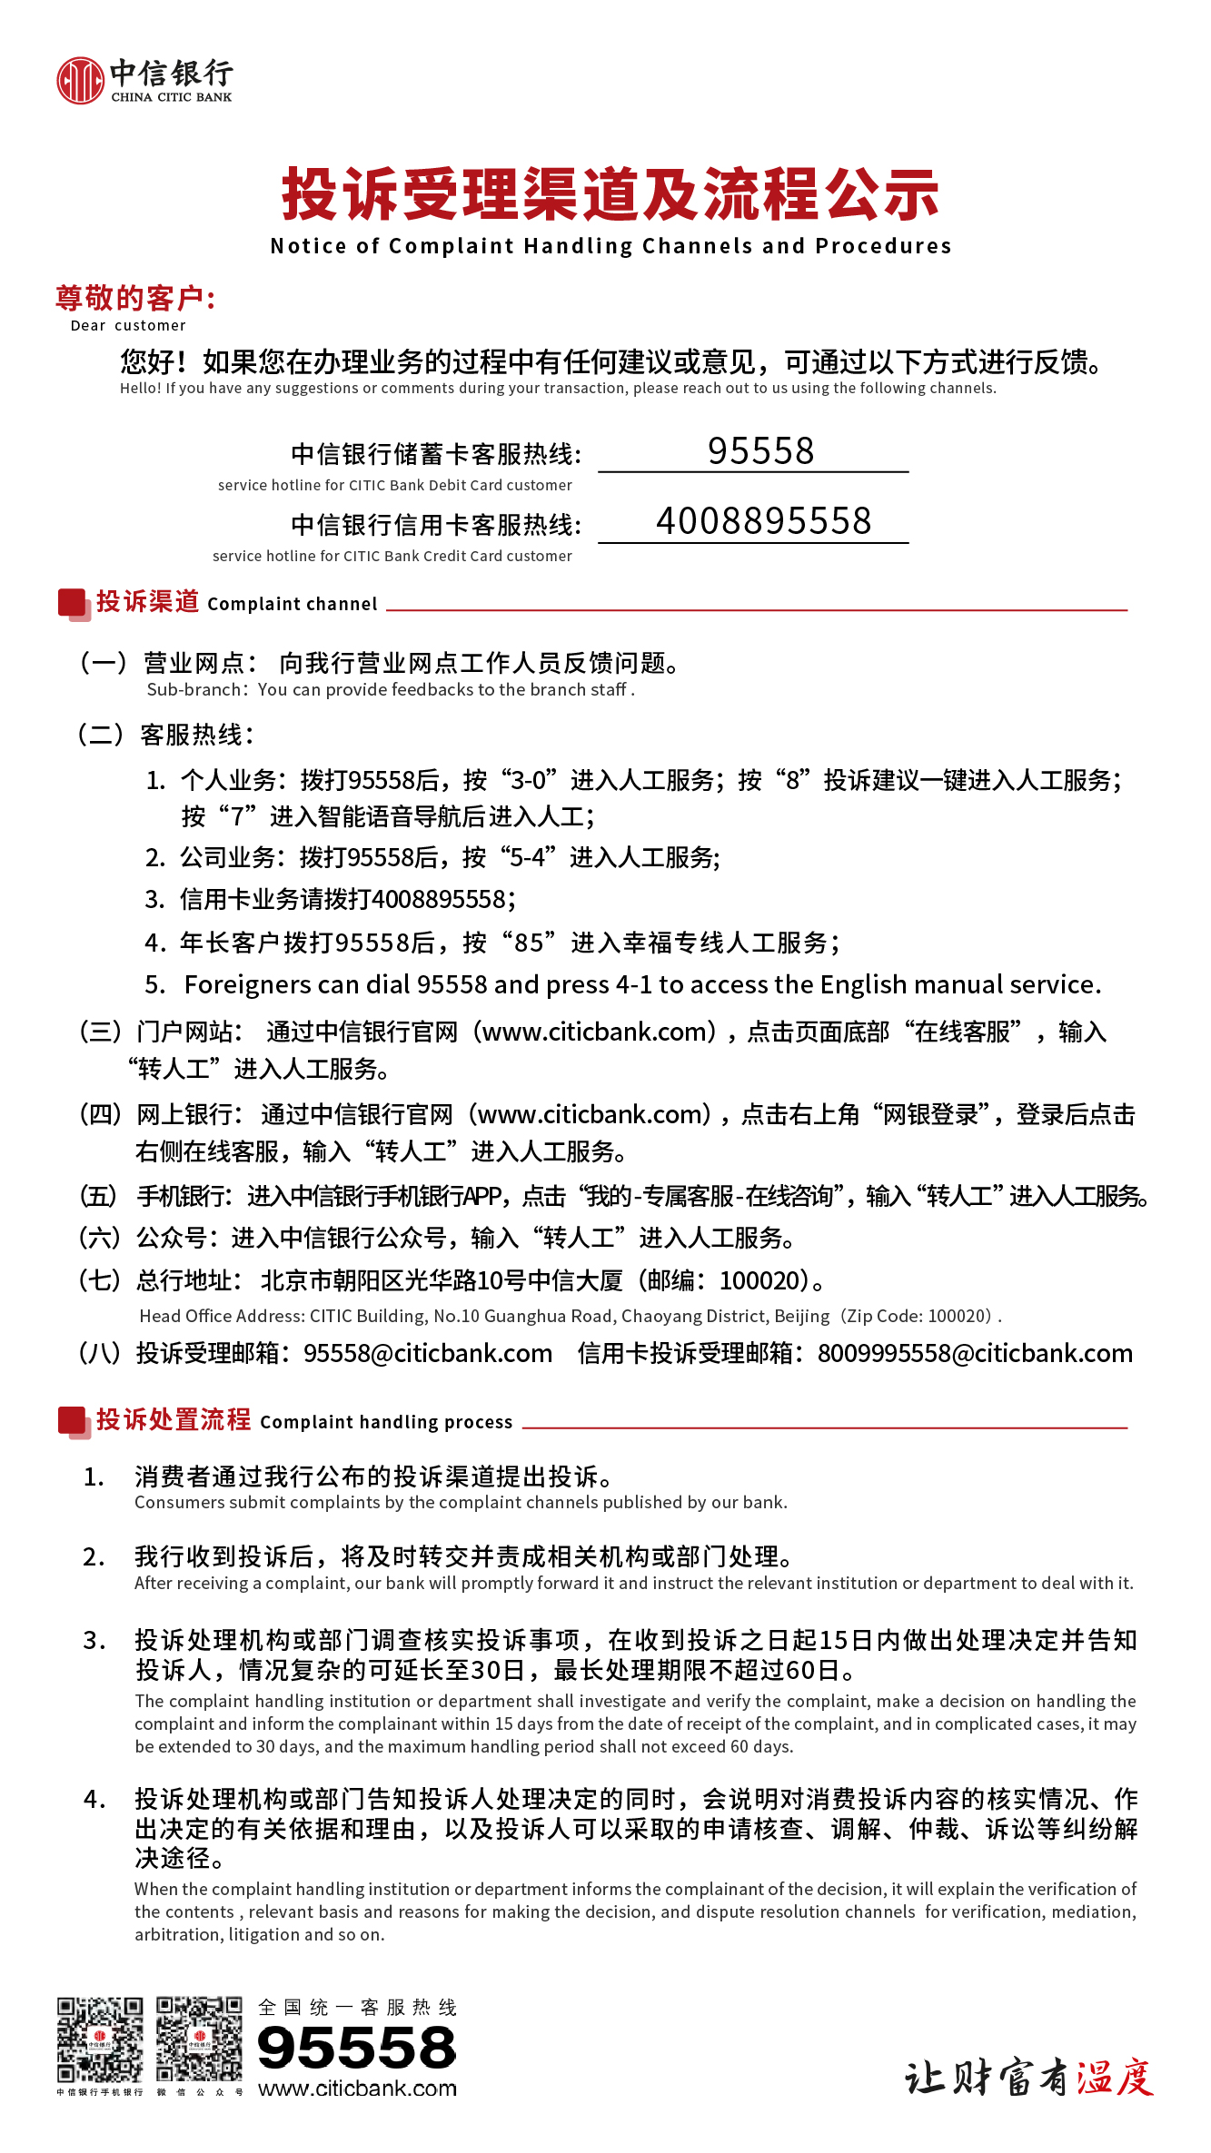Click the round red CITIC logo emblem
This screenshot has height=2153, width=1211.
80,81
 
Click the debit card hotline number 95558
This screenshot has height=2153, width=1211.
760,451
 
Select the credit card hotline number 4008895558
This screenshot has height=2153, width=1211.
763,521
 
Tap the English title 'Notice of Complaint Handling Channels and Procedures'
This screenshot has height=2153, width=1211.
610,246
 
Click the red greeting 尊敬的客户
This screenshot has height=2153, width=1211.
134,298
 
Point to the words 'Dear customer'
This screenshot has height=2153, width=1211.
128,326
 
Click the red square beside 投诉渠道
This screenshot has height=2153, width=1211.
72,603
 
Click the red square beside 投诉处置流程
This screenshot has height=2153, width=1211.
72,1420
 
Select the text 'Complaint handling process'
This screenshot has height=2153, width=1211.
386,1422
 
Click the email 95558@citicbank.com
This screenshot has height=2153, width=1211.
427,1353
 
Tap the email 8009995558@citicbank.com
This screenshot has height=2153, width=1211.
975,1353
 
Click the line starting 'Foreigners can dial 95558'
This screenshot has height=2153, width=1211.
641,984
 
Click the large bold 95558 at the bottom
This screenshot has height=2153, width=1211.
356,2048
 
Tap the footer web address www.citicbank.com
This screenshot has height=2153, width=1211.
357,2089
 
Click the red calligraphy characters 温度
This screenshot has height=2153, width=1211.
1115,2078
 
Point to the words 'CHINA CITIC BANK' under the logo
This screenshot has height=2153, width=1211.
172,97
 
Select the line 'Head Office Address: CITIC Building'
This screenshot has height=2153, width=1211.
570,1316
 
